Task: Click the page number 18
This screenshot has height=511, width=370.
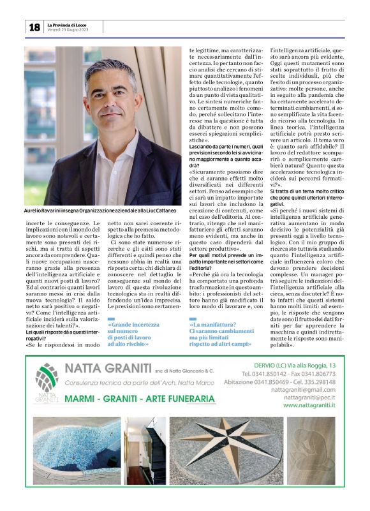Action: click(x=34, y=27)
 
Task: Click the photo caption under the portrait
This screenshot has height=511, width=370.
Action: click(x=100, y=210)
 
